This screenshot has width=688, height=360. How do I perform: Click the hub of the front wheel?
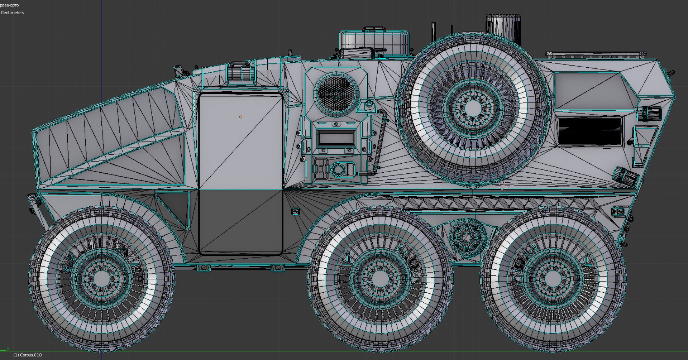[102, 278]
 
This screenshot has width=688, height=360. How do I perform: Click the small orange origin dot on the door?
[241, 117]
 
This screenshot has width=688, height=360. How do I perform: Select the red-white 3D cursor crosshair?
[503, 186]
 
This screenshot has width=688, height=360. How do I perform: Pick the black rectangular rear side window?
[590, 131]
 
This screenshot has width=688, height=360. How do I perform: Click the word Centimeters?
[13, 13]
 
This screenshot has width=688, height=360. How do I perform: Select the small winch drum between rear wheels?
[467, 237]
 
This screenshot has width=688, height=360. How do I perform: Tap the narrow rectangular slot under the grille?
[336, 138]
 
